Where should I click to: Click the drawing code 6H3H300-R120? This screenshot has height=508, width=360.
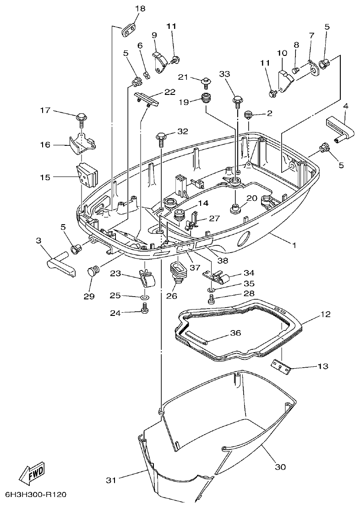pyautogui.click(x=36, y=495)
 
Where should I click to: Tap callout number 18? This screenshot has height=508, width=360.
pyautogui.click(x=140, y=9)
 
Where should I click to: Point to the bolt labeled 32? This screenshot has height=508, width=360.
pyautogui.click(x=162, y=136)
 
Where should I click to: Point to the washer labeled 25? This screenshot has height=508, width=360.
pyautogui.click(x=145, y=298)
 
